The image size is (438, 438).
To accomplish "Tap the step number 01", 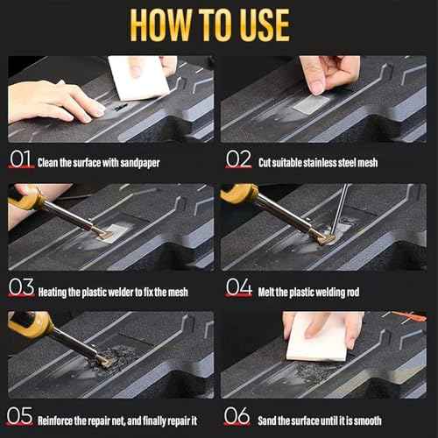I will pyautogui.click(x=21, y=161).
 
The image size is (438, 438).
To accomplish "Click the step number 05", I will pyautogui.click(x=21, y=418).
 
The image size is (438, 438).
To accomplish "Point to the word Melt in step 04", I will pyautogui.click(x=269, y=291).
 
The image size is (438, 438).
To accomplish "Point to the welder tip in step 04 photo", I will pyautogui.click(x=327, y=237).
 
